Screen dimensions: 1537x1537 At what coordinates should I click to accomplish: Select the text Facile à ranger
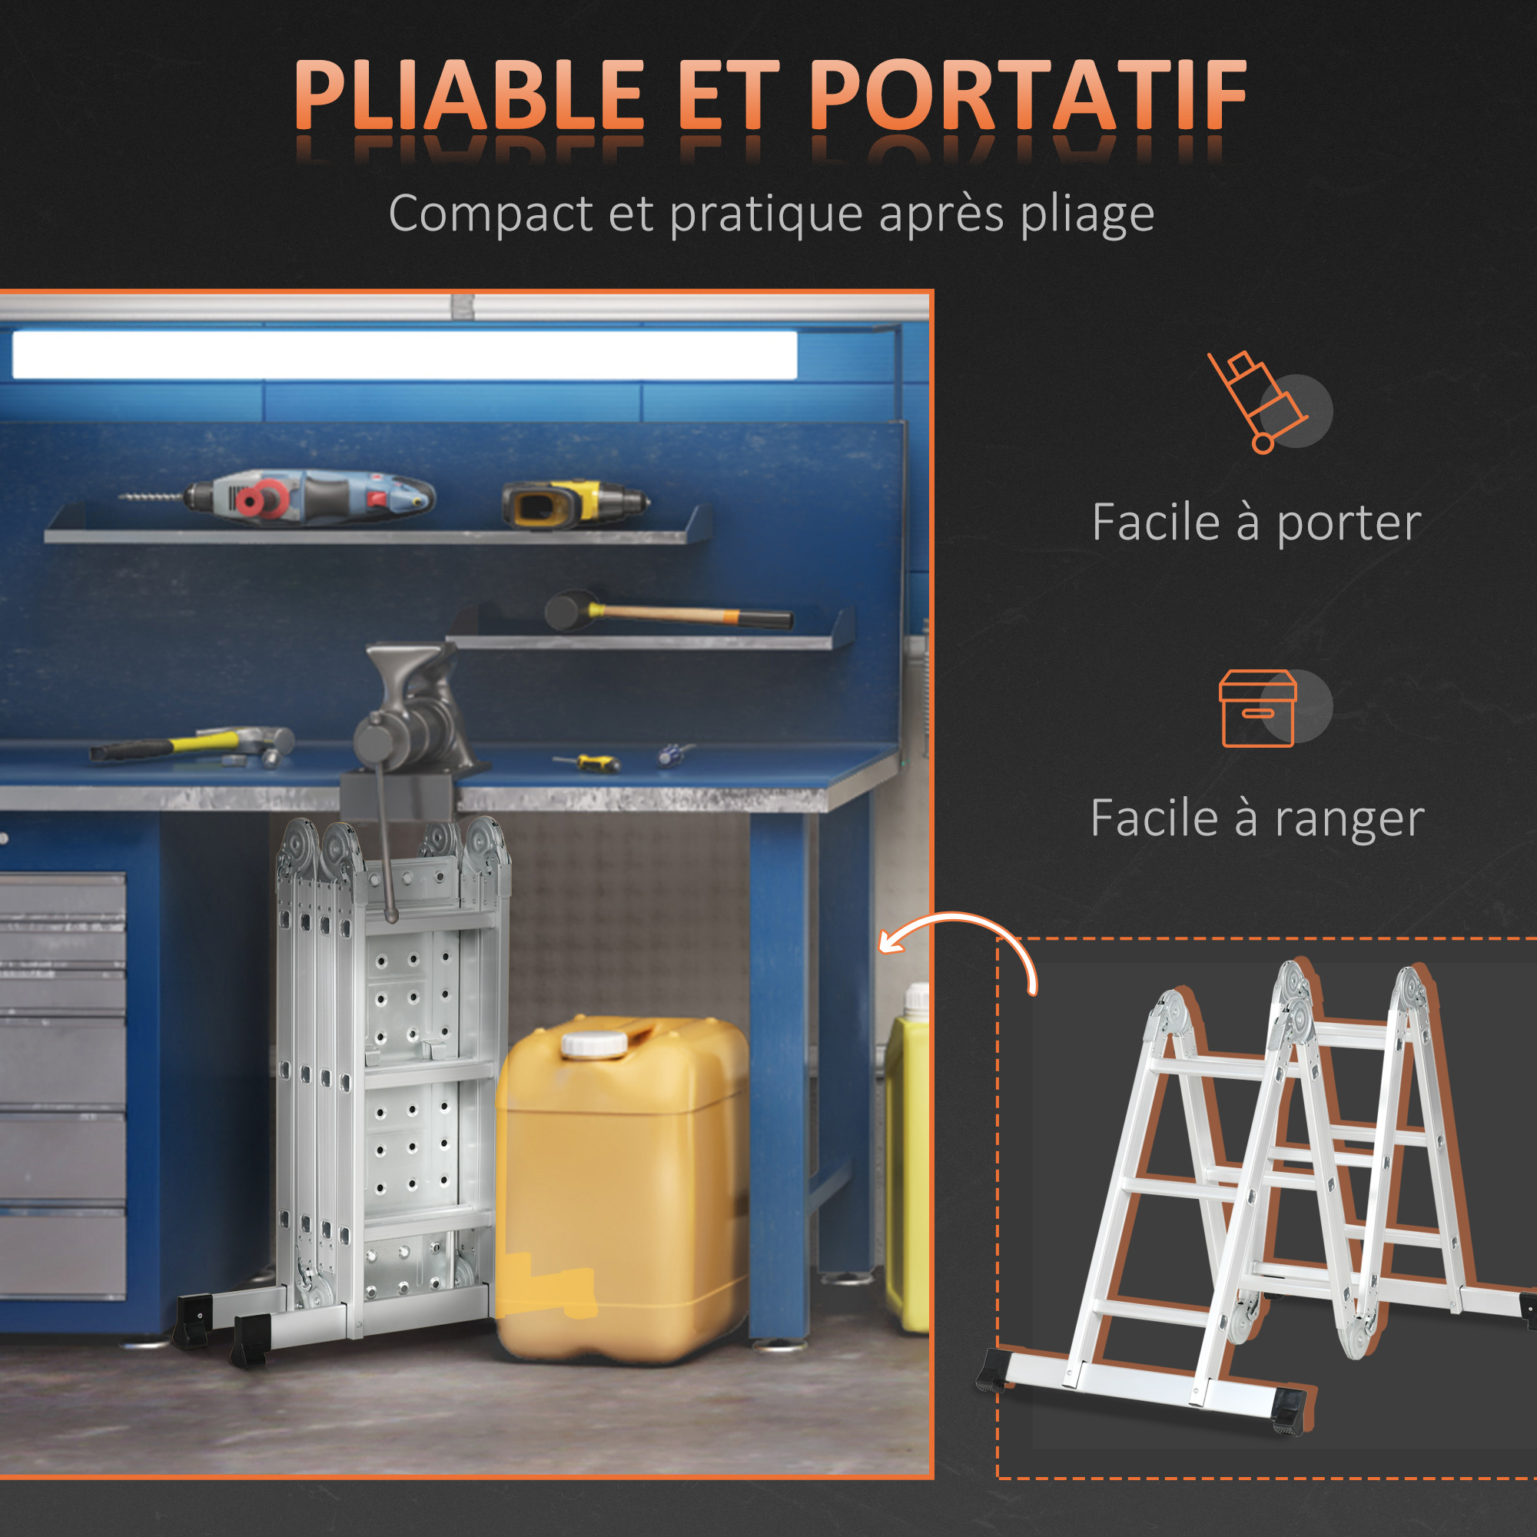click(1257, 819)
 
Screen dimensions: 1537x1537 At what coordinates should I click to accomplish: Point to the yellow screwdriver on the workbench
click(588, 763)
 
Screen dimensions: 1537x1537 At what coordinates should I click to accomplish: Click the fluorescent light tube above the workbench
click(404, 354)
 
